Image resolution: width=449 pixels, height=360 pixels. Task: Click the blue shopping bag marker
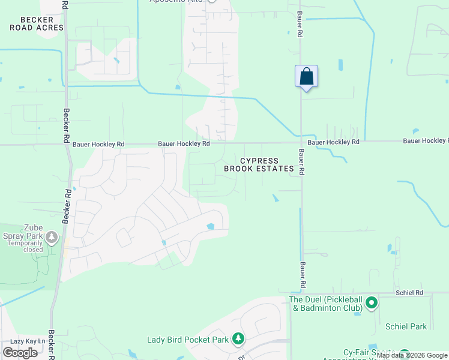[306, 77]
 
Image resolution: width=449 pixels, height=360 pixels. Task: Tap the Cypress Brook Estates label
[259, 165]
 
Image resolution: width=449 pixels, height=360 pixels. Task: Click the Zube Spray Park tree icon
[52, 238]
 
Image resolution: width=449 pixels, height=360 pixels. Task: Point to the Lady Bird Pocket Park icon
[238, 340]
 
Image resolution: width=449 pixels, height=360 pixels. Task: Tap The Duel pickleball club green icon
[371, 303]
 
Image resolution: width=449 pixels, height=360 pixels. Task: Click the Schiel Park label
[407, 326]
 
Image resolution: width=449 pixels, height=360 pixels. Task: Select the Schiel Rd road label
[410, 293]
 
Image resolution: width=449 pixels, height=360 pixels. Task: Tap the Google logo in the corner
[20, 353]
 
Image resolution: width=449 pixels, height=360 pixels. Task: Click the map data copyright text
[412, 356]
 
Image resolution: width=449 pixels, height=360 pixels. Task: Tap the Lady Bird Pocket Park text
[188, 340]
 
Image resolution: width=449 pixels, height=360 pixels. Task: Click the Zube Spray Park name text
[25, 232]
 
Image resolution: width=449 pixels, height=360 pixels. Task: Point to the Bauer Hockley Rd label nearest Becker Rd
[98, 145]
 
